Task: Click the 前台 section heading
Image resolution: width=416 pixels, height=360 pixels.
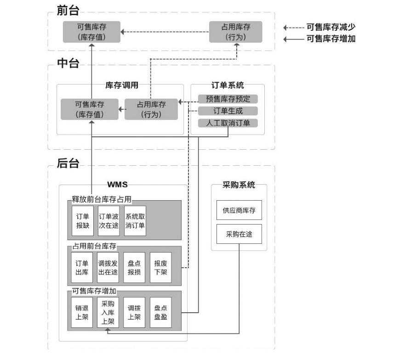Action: (x=68, y=10)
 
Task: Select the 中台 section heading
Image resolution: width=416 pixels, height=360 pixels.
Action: (x=68, y=63)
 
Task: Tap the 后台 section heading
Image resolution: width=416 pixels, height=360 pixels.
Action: (x=68, y=163)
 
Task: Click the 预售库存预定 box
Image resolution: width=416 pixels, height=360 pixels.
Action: (x=228, y=99)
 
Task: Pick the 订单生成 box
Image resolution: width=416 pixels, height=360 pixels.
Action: (x=228, y=111)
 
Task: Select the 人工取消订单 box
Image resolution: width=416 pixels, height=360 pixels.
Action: (x=228, y=123)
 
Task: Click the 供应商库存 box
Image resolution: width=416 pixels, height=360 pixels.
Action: (x=239, y=211)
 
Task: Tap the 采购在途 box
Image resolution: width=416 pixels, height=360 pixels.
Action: (x=239, y=234)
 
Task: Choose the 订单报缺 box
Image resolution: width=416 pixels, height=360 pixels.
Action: (x=83, y=220)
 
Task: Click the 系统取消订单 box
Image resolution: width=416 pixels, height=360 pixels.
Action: (x=135, y=220)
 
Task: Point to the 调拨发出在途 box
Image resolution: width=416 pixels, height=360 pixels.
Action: (x=108, y=268)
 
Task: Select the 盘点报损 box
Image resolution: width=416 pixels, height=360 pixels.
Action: (x=134, y=268)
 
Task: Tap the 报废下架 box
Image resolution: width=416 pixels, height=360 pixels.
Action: (x=160, y=268)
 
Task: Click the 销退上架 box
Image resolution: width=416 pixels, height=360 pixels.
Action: (x=82, y=312)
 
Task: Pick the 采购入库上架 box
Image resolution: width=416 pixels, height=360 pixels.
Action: (x=108, y=312)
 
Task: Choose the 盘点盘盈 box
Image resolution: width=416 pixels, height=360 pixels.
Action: (x=160, y=312)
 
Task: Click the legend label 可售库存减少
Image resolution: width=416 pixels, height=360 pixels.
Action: (x=331, y=28)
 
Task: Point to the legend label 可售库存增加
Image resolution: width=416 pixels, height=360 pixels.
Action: (x=331, y=39)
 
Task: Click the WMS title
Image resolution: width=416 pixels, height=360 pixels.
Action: (x=117, y=185)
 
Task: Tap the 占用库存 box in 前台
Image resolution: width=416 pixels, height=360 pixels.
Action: (x=236, y=32)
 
